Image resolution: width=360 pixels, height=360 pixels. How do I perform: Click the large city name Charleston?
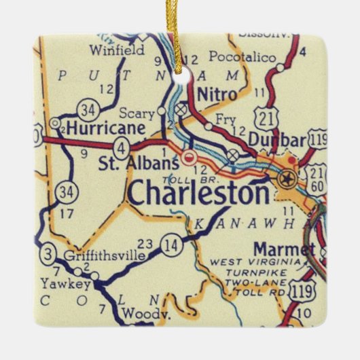(198, 194)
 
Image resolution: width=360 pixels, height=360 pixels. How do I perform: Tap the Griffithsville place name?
(103, 256)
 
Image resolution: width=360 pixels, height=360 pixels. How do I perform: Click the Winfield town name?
(117, 50)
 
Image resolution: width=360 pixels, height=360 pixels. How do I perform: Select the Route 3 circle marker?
(48, 255)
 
